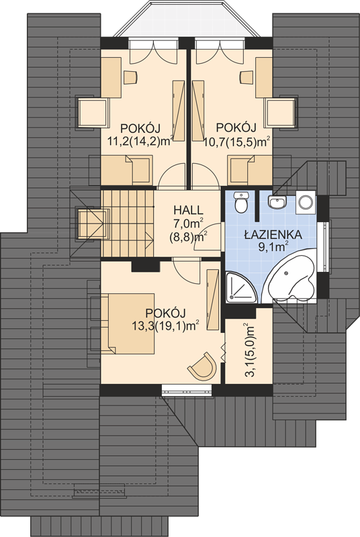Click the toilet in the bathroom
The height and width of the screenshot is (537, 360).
[242, 202]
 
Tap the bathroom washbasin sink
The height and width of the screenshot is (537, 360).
[277, 202]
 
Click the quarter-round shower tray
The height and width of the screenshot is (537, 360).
[240, 288]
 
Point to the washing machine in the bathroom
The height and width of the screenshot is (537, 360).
[306, 202]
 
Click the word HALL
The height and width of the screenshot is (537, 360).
[188, 209]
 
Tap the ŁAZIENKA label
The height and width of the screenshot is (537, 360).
[273, 235]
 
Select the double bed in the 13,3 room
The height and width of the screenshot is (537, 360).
[128, 324]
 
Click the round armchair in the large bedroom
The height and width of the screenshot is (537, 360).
[203, 366]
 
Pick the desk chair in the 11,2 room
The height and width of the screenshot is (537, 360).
[130, 77]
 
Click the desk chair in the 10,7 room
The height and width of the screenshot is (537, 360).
[246, 77]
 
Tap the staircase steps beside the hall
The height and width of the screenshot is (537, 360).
[127, 223]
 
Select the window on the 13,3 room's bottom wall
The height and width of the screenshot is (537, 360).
[187, 391]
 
